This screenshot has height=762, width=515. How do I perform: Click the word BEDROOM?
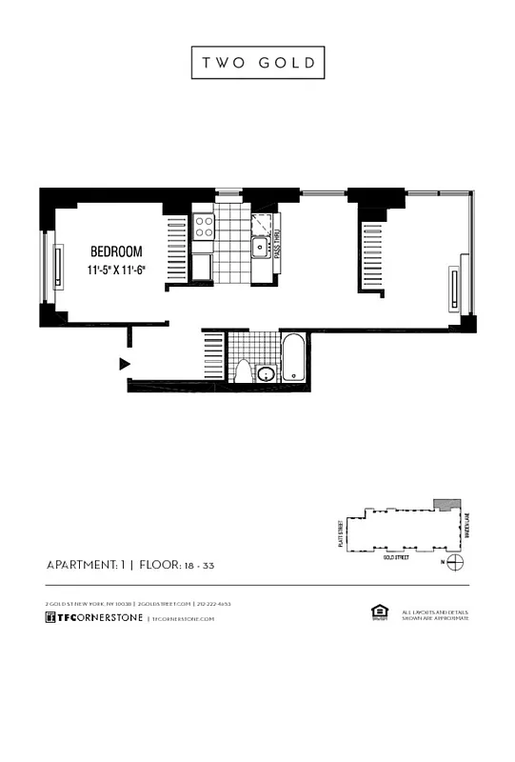116,251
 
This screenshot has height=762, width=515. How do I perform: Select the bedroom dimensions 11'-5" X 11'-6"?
116,271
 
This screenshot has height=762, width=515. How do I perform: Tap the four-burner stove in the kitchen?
204,227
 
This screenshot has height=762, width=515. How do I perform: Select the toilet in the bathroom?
243,371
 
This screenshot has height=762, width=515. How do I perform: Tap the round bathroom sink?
267,372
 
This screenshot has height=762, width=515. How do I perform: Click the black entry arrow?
124,363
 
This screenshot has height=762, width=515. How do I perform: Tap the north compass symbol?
456,562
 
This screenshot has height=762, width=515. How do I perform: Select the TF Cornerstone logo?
94,617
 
